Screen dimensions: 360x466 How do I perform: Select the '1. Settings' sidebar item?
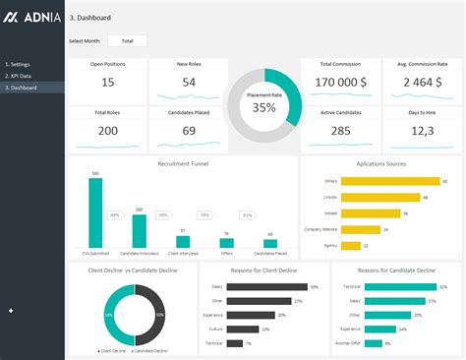(x=20, y=64)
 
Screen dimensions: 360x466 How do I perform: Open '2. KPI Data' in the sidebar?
(x=21, y=76)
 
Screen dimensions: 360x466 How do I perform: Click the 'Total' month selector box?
(x=127, y=40)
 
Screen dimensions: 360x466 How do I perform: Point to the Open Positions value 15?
(x=108, y=83)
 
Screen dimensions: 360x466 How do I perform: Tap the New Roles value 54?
(x=189, y=83)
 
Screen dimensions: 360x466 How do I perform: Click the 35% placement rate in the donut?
(x=263, y=107)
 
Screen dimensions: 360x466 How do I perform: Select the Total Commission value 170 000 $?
(x=339, y=83)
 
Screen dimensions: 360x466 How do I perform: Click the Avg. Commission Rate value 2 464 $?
(x=421, y=83)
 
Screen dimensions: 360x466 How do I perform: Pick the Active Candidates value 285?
(x=340, y=130)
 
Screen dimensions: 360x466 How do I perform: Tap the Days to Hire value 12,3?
(x=421, y=130)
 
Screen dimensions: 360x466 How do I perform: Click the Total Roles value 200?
(x=108, y=130)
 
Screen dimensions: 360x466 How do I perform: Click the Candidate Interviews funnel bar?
(x=139, y=230)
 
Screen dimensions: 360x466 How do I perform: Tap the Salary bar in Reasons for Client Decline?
(x=266, y=286)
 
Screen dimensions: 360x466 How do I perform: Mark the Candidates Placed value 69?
(x=189, y=130)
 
